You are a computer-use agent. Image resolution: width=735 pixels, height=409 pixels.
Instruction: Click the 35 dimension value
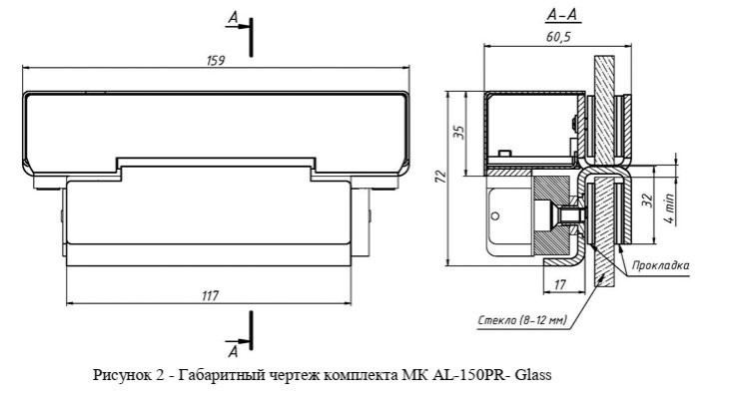point(460,133)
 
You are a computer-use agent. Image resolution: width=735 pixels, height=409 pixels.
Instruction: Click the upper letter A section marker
point(234,18)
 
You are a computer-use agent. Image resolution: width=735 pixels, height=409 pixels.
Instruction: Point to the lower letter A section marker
point(234,352)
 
